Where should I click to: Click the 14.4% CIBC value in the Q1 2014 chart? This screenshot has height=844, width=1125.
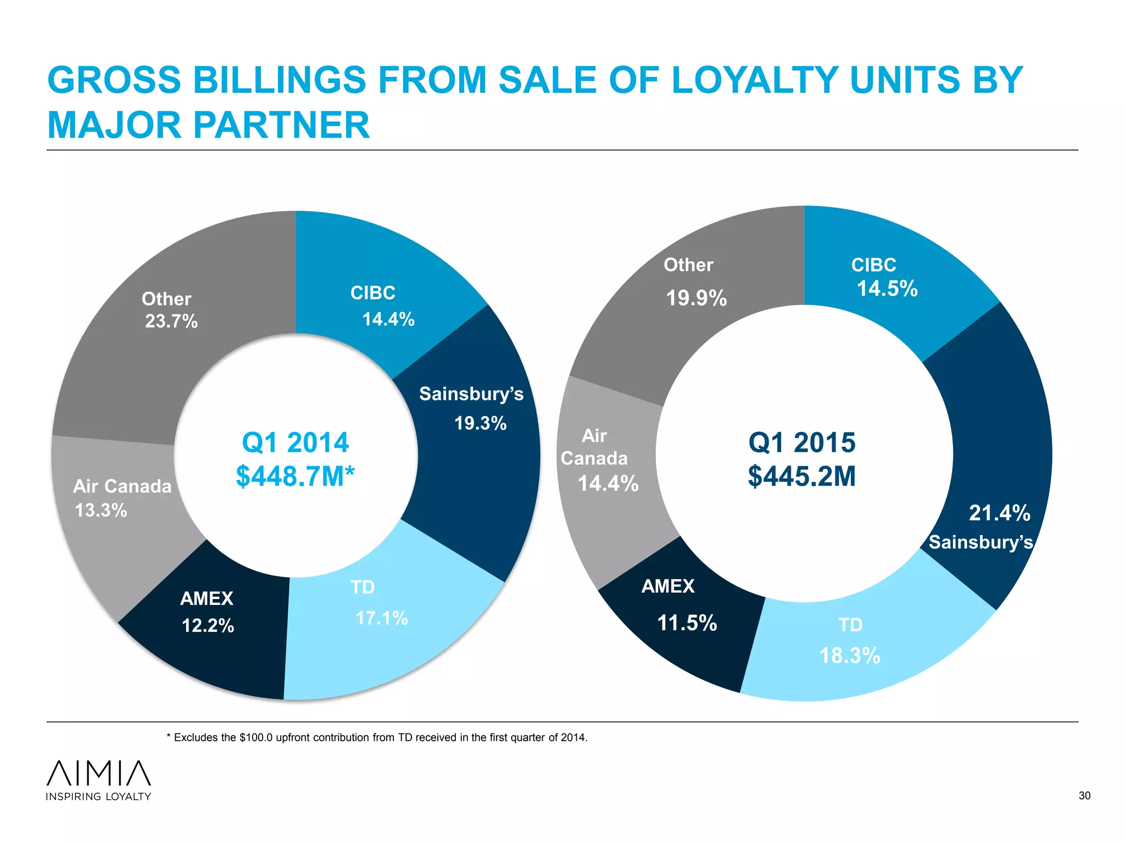coord(388,319)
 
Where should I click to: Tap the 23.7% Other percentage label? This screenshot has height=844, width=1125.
coord(171,321)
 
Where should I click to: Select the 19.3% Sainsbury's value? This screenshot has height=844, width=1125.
coord(480,423)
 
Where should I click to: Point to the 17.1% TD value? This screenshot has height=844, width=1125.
coord(381,618)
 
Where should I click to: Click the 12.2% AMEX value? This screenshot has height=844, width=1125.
coord(208,625)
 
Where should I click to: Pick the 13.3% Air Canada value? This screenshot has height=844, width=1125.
coord(101,510)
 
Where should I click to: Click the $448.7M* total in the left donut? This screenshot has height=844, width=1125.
coord(295,476)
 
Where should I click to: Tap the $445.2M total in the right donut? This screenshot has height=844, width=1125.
coord(801,476)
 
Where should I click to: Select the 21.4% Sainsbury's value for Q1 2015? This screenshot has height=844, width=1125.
coord(999,513)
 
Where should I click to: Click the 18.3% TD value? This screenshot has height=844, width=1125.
coord(849,656)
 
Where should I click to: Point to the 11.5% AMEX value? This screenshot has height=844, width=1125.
coord(687,623)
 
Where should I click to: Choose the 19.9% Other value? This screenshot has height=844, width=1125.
coord(696,298)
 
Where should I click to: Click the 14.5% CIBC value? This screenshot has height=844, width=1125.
coord(887,288)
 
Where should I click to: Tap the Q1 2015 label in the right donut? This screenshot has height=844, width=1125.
coord(801,442)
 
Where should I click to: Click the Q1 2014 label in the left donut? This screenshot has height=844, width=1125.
coord(295,442)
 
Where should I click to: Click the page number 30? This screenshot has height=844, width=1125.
coord(1084,796)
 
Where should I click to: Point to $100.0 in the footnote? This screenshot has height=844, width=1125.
coord(255,737)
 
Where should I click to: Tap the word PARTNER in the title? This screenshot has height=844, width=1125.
coord(281,125)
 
